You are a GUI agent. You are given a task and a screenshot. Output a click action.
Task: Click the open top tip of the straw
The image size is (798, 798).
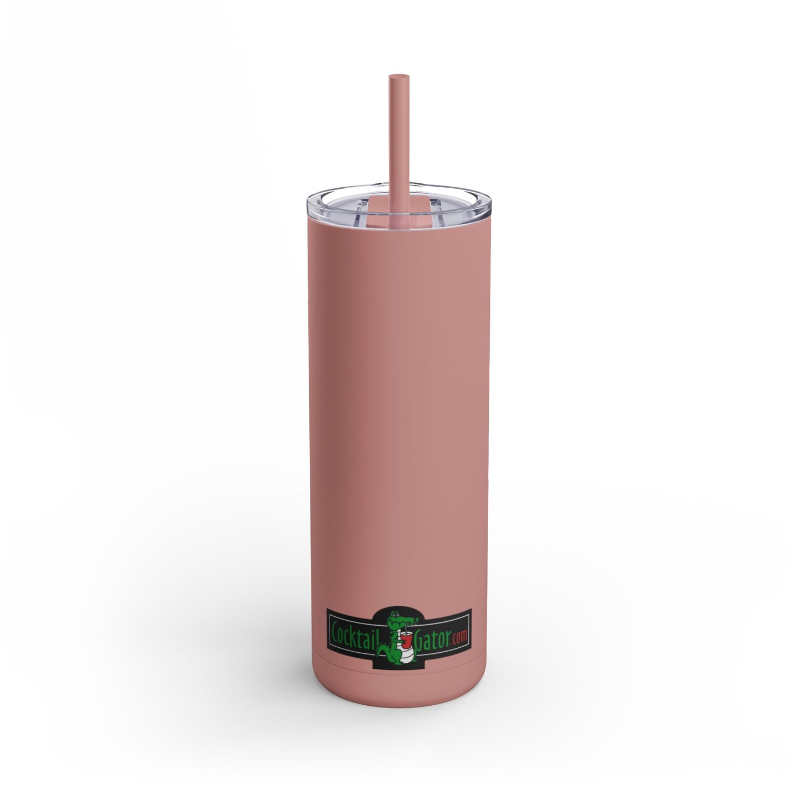399,77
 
